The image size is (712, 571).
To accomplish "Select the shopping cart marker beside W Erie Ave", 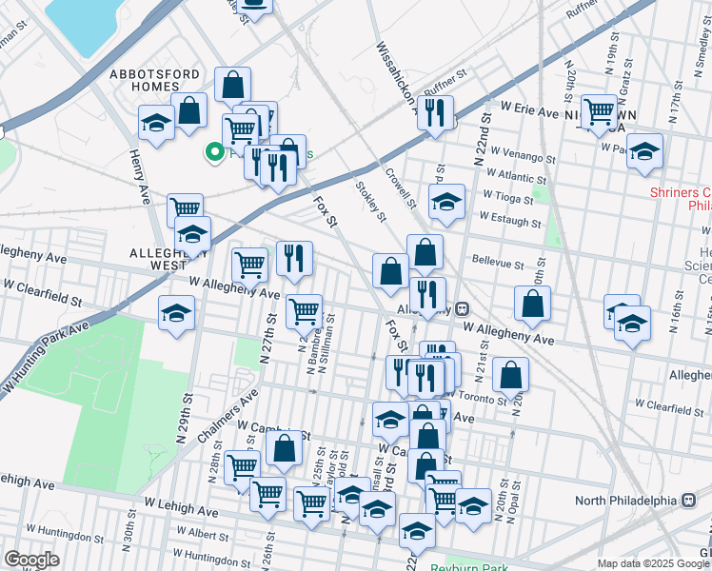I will (x=599, y=112).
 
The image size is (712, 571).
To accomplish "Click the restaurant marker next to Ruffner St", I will (x=435, y=113).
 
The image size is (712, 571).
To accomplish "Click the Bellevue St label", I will (x=498, y=262).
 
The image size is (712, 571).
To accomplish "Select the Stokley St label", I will (x=370, y=201).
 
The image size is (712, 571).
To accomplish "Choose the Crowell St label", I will (x=401, y=187).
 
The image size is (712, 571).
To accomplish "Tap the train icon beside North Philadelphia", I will (x=689, y=501).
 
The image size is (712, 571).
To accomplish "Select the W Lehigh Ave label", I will (x=181, y=504).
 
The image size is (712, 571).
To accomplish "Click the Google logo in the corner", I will (x=30, y=560).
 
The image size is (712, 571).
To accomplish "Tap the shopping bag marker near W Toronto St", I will (x=511, y=375).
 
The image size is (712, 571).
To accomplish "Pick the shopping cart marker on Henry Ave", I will (x=185, y=207).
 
